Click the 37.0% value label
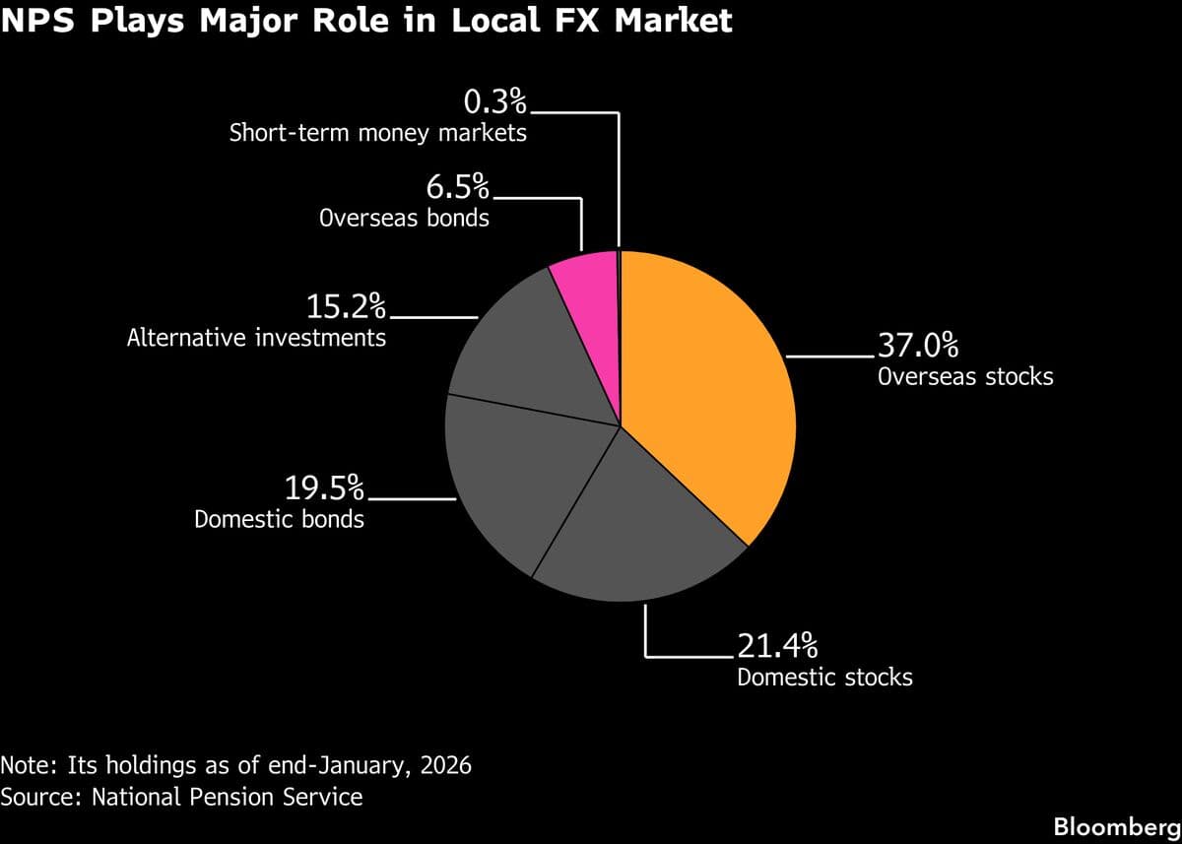pyautogui.click(x=917, y=346)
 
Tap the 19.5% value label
pyautogui.click(x=324, y=487)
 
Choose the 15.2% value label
pyautogui.click(x=346, y=306)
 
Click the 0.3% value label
pyautogui.click(x=494, y=101)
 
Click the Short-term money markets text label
pyautogui.click(x=378, y=132)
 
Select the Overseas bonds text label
pyautogui.click(x=404, y=218)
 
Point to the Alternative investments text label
pyautogui.click(x=256, y=338)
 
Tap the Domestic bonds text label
pyautogui.click(x=279, y=519)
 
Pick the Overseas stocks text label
pyautogui.click(x=965, y=376)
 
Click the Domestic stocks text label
pyautogui.click(x=824, y=678)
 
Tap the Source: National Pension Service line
pyautogui.click(x=181, y=796)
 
